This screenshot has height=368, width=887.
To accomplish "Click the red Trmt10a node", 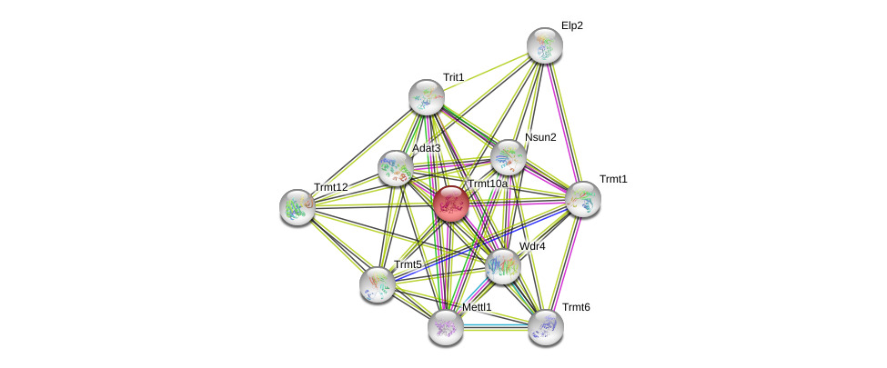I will [450, 204].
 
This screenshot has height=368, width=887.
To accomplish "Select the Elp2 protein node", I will [545, 45].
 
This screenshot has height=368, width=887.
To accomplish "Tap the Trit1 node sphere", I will [426, 97].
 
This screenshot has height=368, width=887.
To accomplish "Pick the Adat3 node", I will [396, 167].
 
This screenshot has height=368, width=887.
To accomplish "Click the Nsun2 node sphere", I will [508, 157].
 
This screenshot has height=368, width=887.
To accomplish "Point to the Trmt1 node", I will [582, 199].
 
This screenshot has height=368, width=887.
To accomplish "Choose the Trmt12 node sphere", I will [297, 206].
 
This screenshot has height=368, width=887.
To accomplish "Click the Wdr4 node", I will [502, 266].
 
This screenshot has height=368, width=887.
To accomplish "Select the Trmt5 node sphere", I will [377, 283].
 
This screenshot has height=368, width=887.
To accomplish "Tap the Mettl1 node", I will [446, 326].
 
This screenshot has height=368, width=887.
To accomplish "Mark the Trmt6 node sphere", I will [545, 326].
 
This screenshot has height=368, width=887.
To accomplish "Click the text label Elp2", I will [572, 25].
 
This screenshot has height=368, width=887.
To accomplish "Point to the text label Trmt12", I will [331, 187].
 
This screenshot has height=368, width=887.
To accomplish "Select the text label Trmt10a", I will [487, 184].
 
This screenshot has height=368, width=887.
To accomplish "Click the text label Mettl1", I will [477, 307].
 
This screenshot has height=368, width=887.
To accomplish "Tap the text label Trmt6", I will [576, 307].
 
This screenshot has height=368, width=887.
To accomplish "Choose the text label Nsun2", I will [540, 137].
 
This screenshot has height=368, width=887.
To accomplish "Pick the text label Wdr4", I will [532, 246].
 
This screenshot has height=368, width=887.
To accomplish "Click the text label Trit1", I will [453, 77].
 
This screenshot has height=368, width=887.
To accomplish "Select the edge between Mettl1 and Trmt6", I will [496, 326].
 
